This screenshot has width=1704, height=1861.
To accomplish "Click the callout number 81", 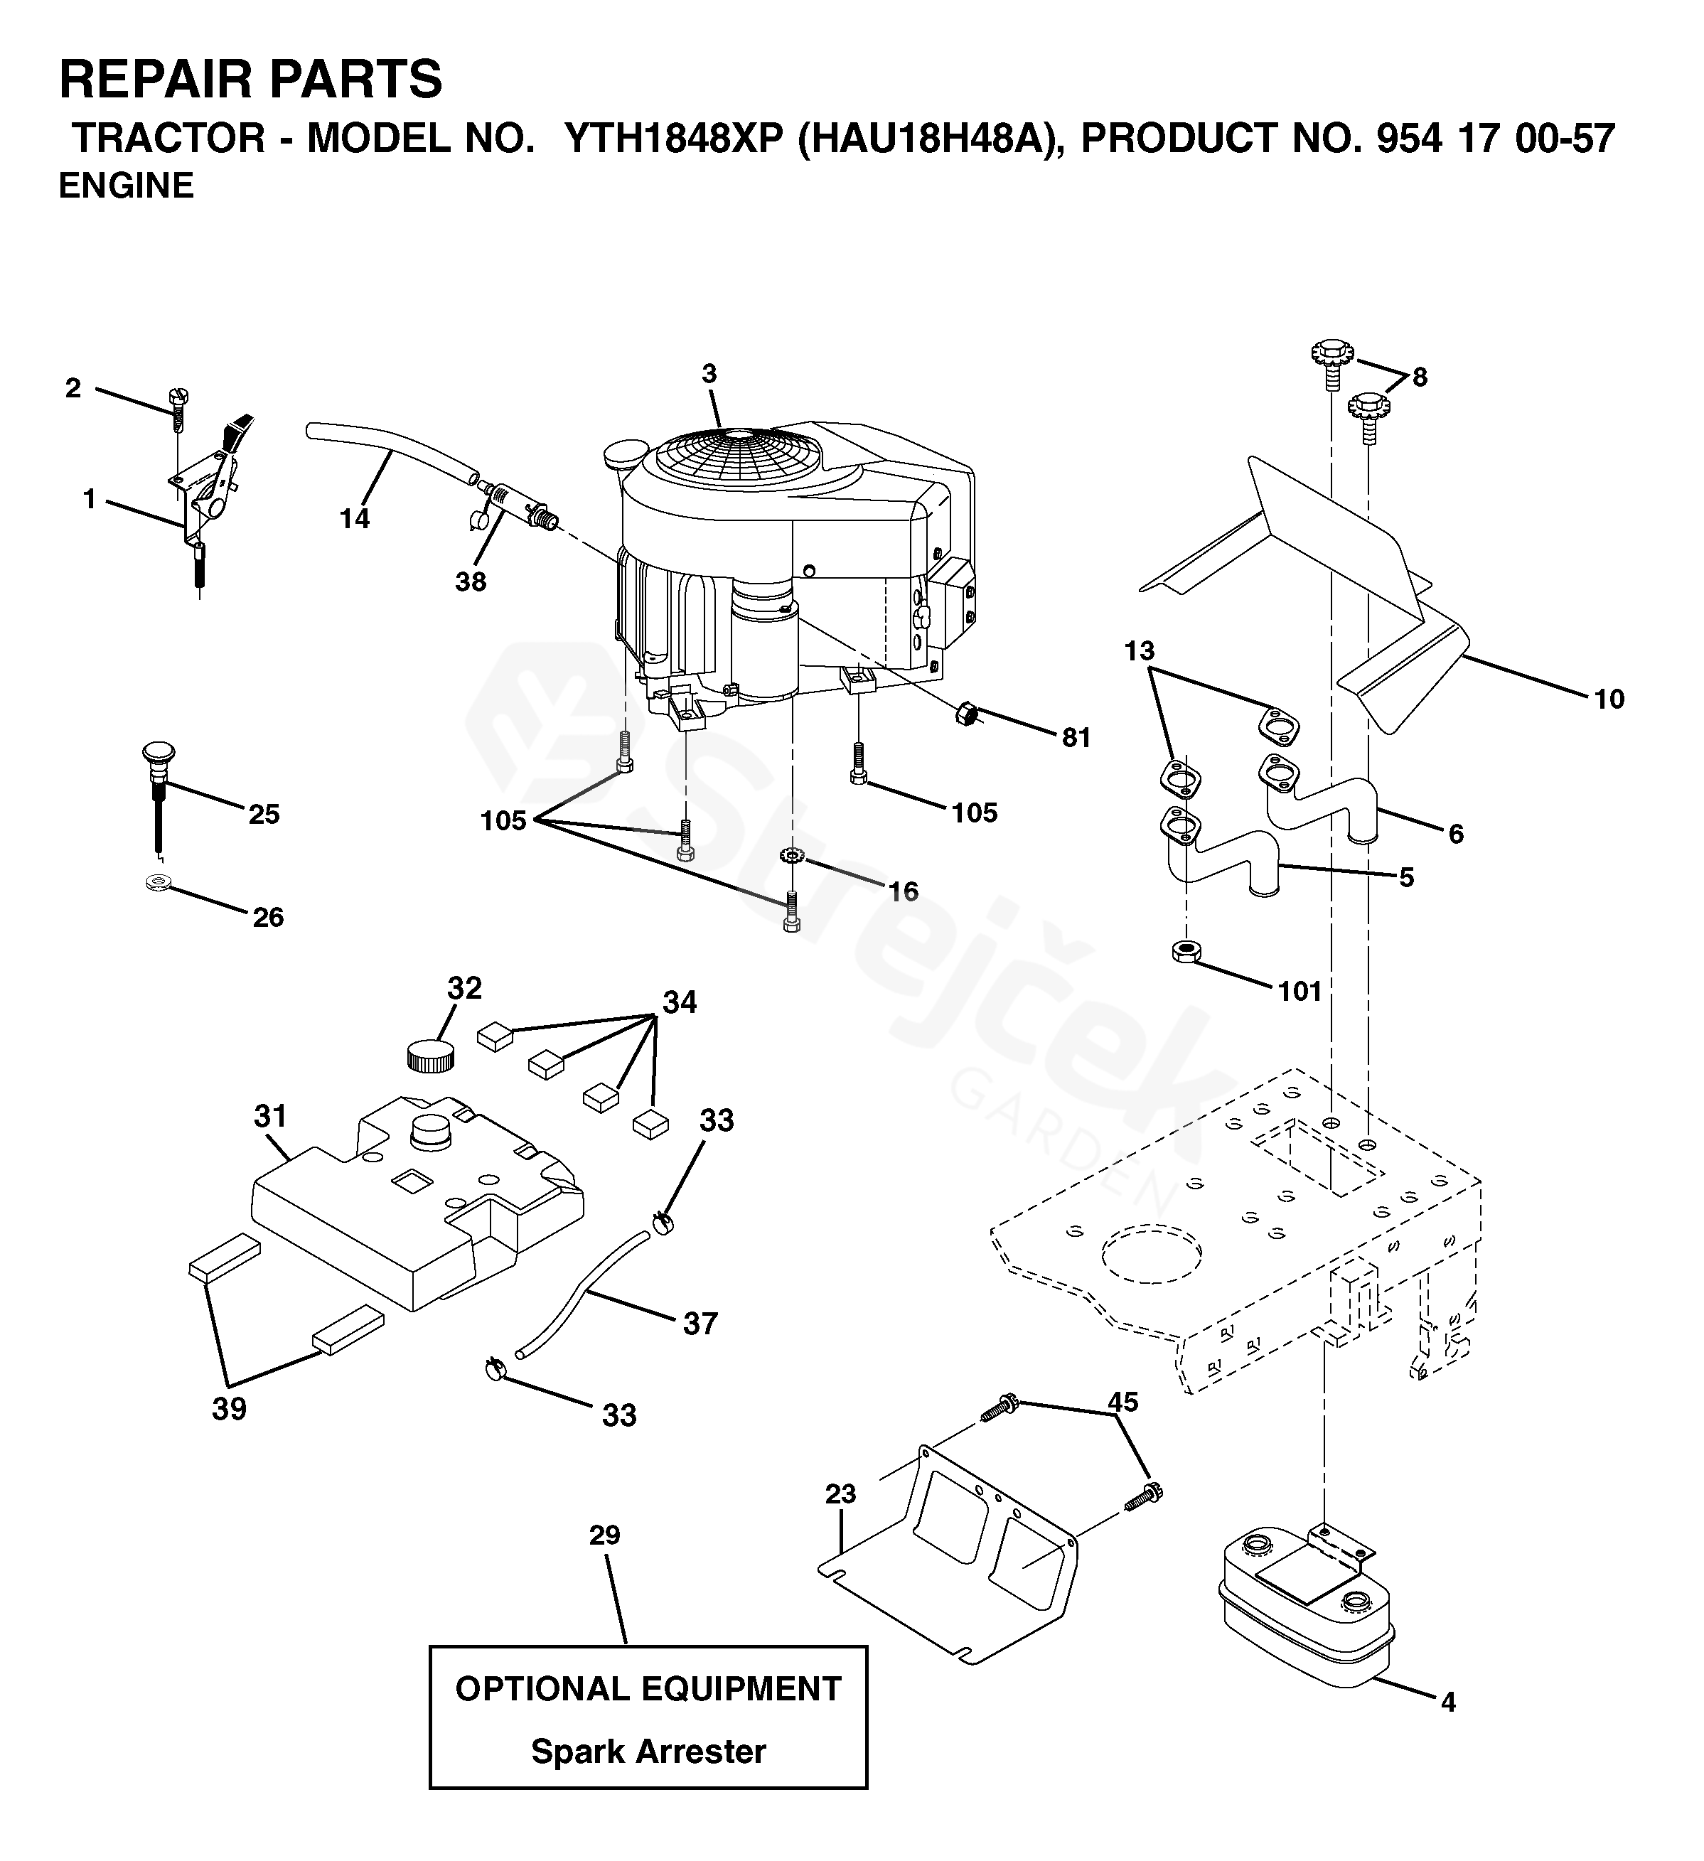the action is [1076, 738].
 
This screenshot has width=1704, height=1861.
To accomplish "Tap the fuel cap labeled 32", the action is [430, 1054].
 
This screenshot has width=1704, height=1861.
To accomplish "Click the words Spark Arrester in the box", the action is [648, 1751].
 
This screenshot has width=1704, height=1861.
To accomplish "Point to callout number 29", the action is [605, 1535].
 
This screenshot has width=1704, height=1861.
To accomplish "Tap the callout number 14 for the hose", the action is [355, 519].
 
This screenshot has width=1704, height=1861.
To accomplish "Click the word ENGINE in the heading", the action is [127, 186].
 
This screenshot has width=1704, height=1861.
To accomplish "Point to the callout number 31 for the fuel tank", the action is [270, 1116].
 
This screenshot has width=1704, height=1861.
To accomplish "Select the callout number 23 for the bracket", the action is [841, 1493].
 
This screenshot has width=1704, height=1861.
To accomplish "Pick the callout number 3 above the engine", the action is [709, 374].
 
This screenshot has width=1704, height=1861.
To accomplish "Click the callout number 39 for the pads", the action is [229, 1409].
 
